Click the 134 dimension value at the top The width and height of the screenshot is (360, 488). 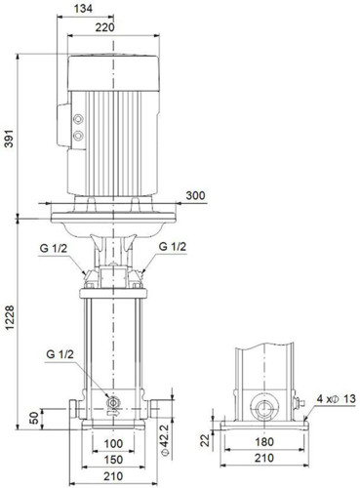coord(83,9)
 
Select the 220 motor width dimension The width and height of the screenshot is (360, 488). coord(105,27)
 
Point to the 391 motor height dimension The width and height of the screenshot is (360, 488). coord(9,139)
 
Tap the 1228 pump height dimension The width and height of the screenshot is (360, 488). coord(9,317)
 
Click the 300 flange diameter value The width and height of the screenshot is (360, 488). coord(195,195)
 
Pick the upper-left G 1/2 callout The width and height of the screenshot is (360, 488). coord(54,248)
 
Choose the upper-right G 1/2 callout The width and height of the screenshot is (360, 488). coord(173,247)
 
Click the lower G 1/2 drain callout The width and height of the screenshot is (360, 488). coord(60,354)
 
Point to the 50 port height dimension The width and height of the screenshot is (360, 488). coord(34,418)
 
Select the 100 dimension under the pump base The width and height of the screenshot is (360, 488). coord(113,444)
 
